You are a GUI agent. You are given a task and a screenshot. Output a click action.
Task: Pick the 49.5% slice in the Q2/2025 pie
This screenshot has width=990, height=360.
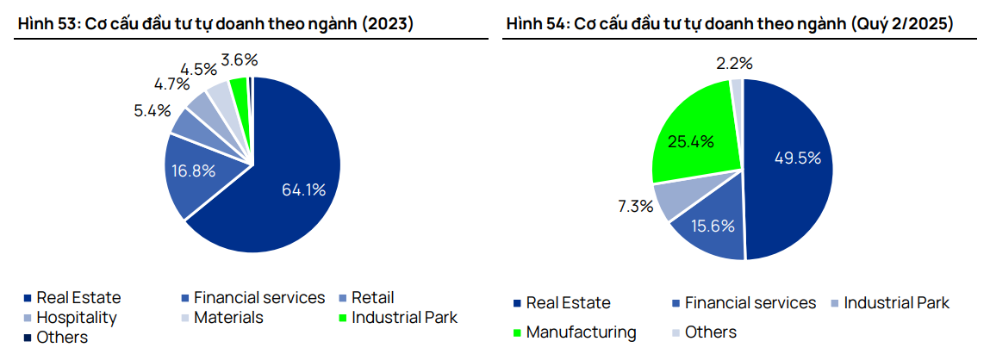pyautogui.click(x=793, y=159)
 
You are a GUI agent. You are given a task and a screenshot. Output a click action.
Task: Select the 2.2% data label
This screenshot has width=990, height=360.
pyautogui.click(x=733, y=63)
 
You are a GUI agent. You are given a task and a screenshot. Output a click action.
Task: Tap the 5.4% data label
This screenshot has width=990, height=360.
pyautogui.click(x=152, y=110)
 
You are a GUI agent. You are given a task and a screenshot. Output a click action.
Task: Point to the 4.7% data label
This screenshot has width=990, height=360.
pyautogui.click(x=171, y=84)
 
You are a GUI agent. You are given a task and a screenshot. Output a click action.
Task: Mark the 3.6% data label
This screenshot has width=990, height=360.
pyautogui.click(x=239, y=60)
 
